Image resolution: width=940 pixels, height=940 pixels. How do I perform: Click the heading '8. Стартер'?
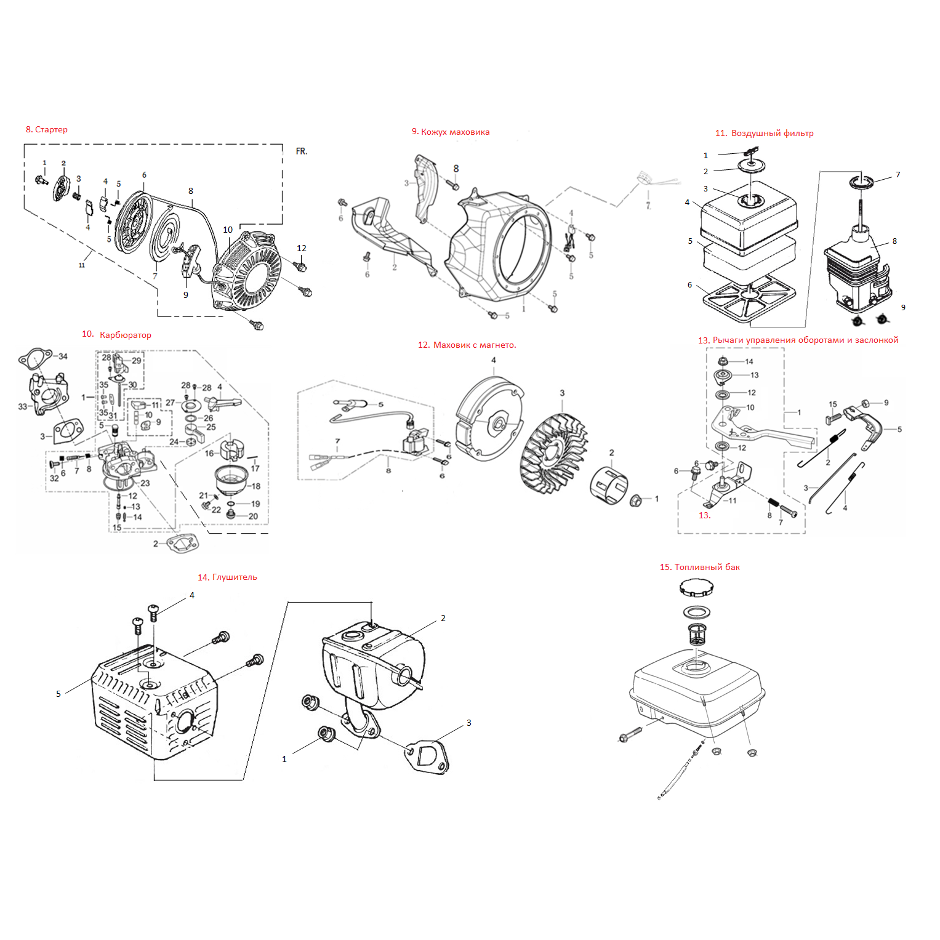(47, 129)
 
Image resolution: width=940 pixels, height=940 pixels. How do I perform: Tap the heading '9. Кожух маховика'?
(451, 132)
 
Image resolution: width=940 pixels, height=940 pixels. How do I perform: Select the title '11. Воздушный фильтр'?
(764, 133)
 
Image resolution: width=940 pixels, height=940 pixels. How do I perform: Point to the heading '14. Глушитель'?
(227, 577)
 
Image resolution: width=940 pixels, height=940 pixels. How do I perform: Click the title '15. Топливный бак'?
(700, 567)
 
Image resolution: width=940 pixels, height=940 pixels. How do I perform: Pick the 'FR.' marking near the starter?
(302, 151)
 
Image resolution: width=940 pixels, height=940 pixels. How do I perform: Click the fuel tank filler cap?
(696, 587)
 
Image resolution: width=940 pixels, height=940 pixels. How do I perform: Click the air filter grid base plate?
(746, 298)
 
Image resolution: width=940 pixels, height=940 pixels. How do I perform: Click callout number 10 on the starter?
(228, 230)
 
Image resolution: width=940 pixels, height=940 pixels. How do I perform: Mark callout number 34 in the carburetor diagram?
(63, 356)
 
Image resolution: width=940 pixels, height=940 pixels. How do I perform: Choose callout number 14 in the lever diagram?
(749, 361)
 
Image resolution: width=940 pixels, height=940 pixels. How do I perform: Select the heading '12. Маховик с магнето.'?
(467, 345)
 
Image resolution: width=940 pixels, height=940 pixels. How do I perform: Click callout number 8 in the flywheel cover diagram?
(456, 169)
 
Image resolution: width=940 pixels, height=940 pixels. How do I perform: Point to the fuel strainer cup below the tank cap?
(696, 633)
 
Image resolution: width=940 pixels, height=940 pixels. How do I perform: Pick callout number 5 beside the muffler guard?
(58, 694)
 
